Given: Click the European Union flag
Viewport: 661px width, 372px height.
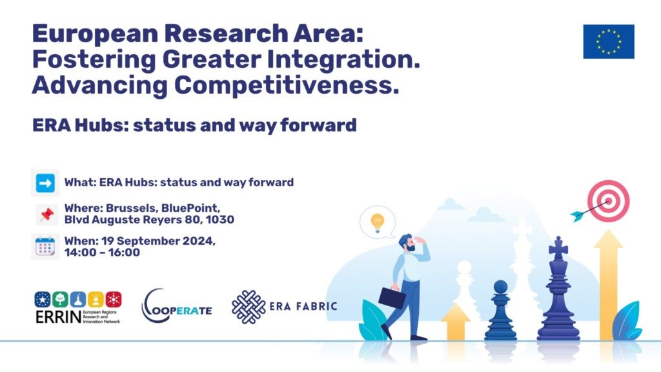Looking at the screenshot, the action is click(x=608, y=41).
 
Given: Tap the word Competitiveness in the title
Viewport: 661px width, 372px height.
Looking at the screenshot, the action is click(x=287, y=85).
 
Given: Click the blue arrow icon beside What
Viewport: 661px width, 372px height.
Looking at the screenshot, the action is click(x=45, y=183).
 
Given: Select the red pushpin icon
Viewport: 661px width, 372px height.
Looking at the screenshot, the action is click(x=46, y=214).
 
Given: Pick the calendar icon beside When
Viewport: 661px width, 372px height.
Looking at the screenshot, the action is click(x=45, y=247).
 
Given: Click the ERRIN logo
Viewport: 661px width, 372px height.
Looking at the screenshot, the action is click(x=78, y=307).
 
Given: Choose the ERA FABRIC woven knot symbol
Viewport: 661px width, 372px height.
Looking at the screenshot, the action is click(x=249, y=307).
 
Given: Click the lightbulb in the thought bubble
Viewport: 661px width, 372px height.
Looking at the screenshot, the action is click(x=377, y=223).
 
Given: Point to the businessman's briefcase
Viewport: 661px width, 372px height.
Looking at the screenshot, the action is click(x=392, y=297).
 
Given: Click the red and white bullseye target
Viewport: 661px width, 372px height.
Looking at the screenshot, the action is click(x=608, y=201).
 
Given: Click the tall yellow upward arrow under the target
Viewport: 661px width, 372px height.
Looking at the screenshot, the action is click(x=608, y=285).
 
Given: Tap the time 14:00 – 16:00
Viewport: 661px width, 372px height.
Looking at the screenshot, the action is click(x=102, y=253).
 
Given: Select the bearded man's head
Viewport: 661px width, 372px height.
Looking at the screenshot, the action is click(x=407, y=243).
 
